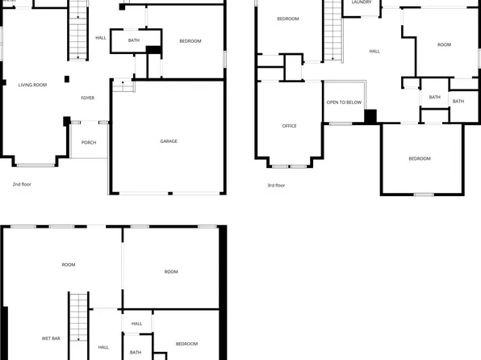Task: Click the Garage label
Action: [168, 141]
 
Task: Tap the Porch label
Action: [89, 142]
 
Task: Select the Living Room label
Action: [32, 84]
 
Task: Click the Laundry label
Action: [362, 2]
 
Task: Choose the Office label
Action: [289, 126]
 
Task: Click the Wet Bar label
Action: [51, 338]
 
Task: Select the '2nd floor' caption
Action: [21, 185]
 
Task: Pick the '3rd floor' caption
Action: [276, 185]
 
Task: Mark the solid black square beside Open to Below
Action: [370, 116]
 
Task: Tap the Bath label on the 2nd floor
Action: [133, 40]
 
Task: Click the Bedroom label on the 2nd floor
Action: [190, 41]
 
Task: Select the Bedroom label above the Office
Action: [288, 19]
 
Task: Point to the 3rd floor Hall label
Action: [374, 52]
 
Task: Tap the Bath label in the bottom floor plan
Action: [136, 352]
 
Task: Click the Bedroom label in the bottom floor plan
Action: [186, 344]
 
